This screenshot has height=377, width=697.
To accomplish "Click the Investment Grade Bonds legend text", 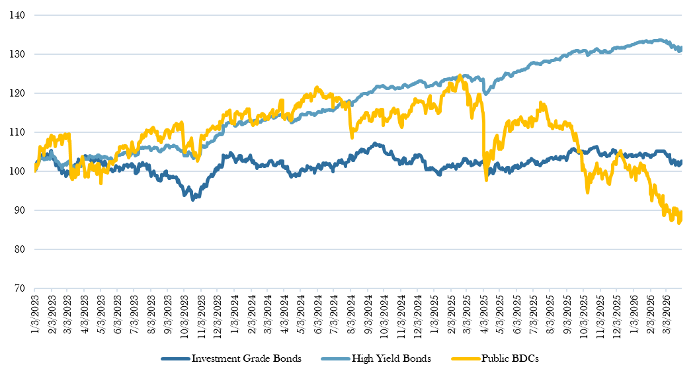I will click(x=246, y=358).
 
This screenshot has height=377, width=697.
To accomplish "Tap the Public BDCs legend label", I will click(x=511, y=358).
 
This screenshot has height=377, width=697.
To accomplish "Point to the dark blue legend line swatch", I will click(x=175, y=359).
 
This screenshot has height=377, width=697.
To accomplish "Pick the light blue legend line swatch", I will click(x=334, y=359).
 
